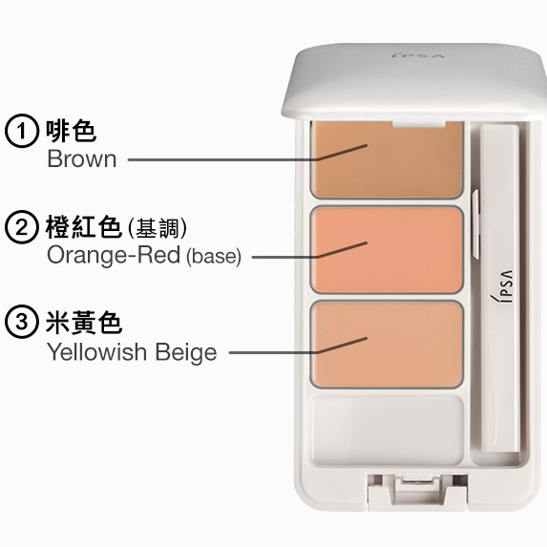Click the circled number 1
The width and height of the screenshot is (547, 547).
[x=19, y=131]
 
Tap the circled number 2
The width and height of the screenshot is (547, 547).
[x=19, y=227]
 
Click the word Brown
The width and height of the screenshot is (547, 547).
[x=82, y=159]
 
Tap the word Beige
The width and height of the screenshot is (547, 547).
[x=188, y=352]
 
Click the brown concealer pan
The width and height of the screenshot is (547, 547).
[x=387, y=157]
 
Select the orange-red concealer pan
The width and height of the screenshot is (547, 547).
[x=387, y=250]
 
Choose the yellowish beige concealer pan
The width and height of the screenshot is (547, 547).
[x=387, y=345]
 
